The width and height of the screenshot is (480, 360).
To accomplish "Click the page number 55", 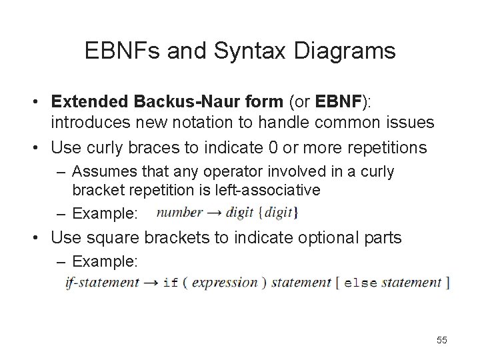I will coord(441,340).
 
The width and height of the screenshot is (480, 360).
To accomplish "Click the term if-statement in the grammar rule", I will coord(102,282).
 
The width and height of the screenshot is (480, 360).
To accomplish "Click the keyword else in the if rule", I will coord(361,283).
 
